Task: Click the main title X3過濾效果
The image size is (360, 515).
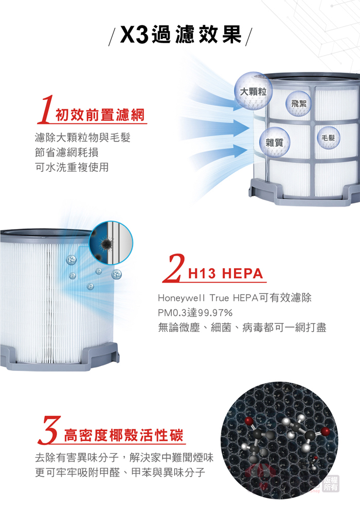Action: [x=181, y=34]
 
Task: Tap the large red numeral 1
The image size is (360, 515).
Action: [x=46, y=110]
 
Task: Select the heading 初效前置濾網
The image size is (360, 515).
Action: [x=100, y=115]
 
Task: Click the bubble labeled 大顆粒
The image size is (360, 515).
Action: [x=253, y=91]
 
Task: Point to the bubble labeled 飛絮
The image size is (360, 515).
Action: [x=298, y=103]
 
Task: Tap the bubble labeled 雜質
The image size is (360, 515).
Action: [x=274, y=142]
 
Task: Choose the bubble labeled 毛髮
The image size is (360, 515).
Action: [x=328, y=137]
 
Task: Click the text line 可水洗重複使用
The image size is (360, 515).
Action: [x=72, y=167]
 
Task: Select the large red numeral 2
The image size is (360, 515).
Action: [x=173, y=269]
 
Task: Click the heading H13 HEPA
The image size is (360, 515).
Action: [x=226, y=274]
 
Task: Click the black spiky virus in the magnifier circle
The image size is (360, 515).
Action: [x=105, y=243]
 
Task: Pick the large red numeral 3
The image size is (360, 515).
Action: [x=49, y=430]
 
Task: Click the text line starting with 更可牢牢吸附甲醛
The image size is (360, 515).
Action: [x=120, y=472]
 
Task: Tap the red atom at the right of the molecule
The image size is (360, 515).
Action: [x=326, y=432]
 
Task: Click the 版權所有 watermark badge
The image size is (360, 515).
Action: [x=330, y=484]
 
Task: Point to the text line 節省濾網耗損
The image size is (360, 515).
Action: [x=67, y=152]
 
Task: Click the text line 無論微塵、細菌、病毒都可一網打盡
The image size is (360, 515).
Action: [x=242, y=327]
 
